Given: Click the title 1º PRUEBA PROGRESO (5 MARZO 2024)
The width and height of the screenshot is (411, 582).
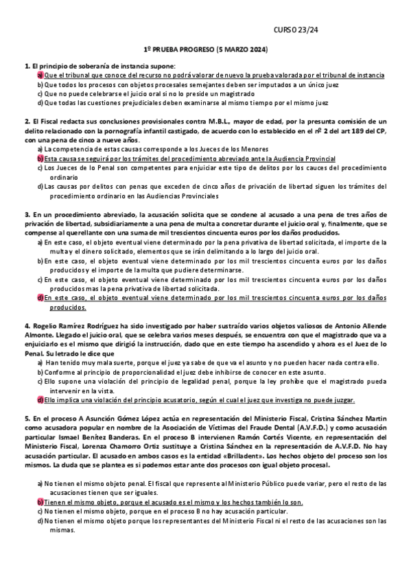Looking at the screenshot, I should click(x=205, y=51).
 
